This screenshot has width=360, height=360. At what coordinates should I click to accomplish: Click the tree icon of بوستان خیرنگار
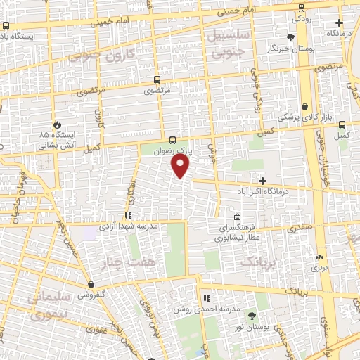pos(291,37)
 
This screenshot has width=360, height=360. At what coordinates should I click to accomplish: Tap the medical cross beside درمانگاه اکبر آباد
pos(262,181)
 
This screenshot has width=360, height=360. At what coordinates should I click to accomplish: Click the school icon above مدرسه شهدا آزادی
pos(128,215)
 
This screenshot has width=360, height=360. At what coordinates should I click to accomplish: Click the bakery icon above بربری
pos(320,257)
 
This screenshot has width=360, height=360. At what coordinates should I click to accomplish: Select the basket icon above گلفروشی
pos(91,285)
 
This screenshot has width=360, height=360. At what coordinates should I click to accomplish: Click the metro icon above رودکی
pos(302,8)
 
